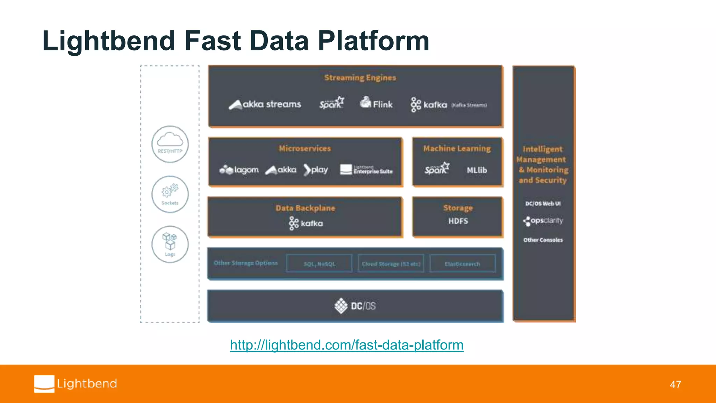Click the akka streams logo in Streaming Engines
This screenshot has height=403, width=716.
(x=265, y=104)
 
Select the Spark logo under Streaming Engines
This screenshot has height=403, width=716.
(x=331, y=103)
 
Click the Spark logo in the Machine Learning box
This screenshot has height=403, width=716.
(x=437, y=169)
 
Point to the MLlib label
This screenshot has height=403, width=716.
(x=477, y=170)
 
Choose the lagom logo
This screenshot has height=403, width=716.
(x=239, y=170)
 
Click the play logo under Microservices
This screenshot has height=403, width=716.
(x=316, y=170)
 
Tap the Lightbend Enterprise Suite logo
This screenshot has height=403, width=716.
(x=366, y=170)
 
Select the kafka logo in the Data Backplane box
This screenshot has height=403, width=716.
(x=306, y=223)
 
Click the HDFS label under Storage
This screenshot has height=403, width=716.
(x=458, y=221)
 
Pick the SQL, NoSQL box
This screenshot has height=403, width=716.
(x=319, y=264)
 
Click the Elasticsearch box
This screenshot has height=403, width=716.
(x=462, y=264)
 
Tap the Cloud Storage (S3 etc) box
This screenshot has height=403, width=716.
(x=391, y=264)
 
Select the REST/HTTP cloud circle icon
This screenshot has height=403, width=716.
(x=170, y=144)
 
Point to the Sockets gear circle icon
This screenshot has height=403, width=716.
(x=170, y=194)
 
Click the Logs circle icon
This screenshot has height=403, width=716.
(x=170, y=244)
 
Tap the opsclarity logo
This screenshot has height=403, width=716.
(x=543, y=221)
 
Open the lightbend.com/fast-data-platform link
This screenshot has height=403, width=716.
(x=346, y=345)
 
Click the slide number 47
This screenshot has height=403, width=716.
(x=675, y=384)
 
